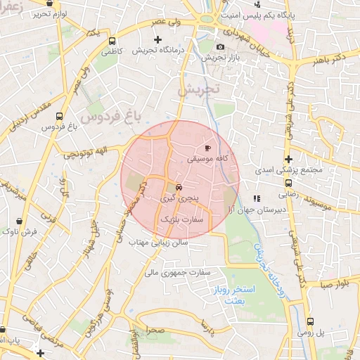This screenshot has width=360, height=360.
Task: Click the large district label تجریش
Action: click(199, 90)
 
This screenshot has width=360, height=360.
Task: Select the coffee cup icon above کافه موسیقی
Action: click(207, 148)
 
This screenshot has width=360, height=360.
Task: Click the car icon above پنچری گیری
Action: click(178, 188)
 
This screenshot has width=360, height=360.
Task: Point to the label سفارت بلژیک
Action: click(181, 220)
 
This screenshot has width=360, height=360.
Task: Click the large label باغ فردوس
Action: click(110, 115)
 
